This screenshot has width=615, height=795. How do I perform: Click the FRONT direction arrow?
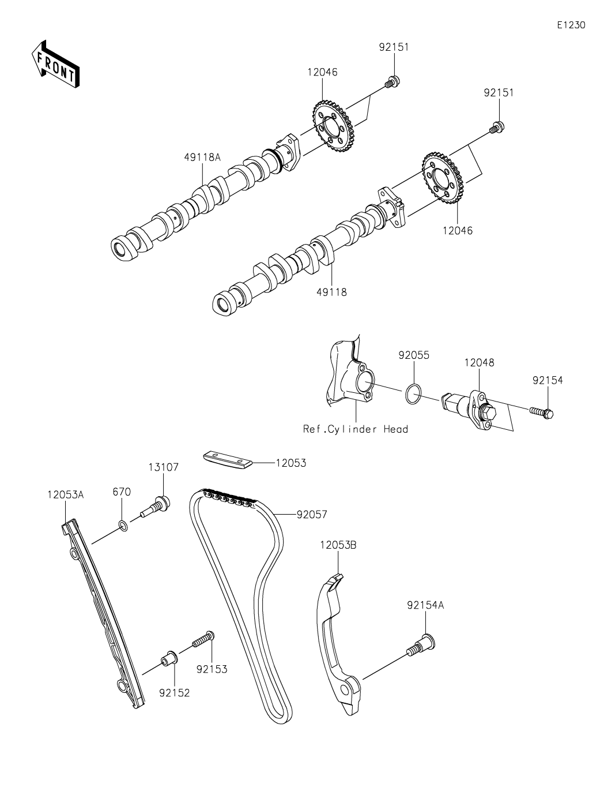(55, 64)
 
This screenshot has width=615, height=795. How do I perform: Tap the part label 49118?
(331, 292)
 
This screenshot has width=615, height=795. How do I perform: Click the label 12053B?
(338, 545)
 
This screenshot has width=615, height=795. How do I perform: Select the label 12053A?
(66, 494)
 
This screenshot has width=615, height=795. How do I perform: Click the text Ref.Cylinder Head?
(355, 429)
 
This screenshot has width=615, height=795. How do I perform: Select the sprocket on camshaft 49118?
(443, 177)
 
